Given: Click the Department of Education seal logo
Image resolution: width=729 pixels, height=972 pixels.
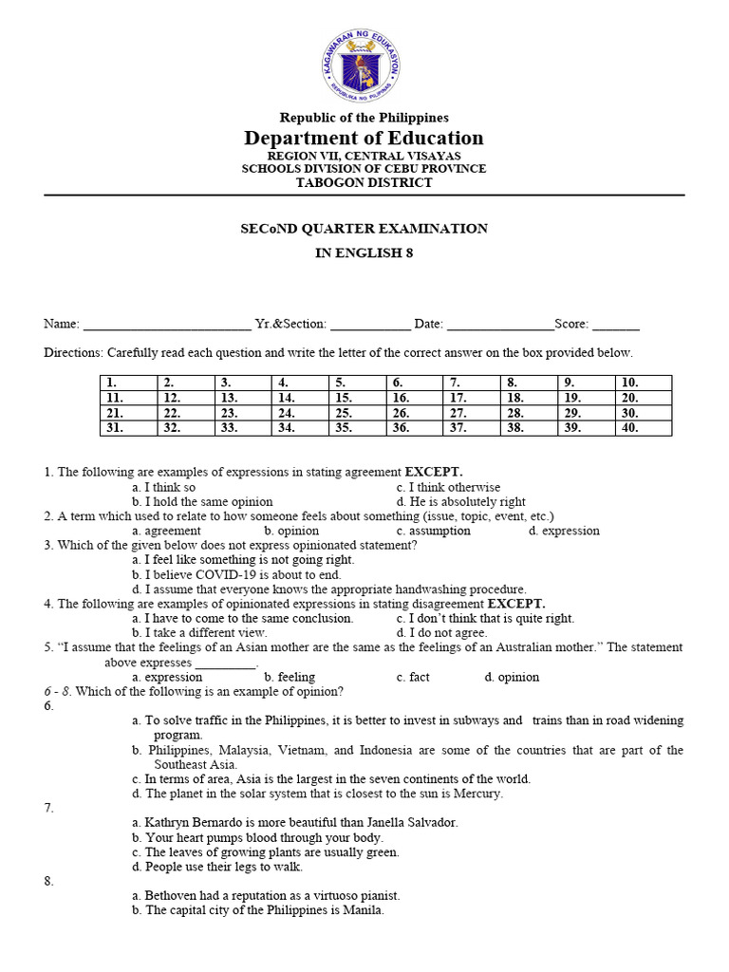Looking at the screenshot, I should pos(364,64).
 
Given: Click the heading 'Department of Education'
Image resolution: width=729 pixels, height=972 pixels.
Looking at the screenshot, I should pos(364,138).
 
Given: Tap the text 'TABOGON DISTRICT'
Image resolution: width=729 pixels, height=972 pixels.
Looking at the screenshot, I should pos(364,182).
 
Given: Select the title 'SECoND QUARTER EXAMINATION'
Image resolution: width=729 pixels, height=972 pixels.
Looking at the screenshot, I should pos(364,229).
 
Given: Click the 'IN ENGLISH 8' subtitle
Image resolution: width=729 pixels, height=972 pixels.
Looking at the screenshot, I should pos(364,253).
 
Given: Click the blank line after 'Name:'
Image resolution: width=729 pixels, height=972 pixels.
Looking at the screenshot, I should pos(167,325).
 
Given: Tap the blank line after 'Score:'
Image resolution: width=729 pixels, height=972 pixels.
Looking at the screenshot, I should pos(615,325).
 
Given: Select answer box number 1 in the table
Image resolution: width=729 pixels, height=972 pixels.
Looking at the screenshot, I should pos(128,383).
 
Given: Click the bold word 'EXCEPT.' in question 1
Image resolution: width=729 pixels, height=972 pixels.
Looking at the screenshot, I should pos(434,471).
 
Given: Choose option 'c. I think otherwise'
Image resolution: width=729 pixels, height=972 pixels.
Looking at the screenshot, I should pos(448,486).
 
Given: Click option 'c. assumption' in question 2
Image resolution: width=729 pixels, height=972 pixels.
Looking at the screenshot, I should pos(433,531).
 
